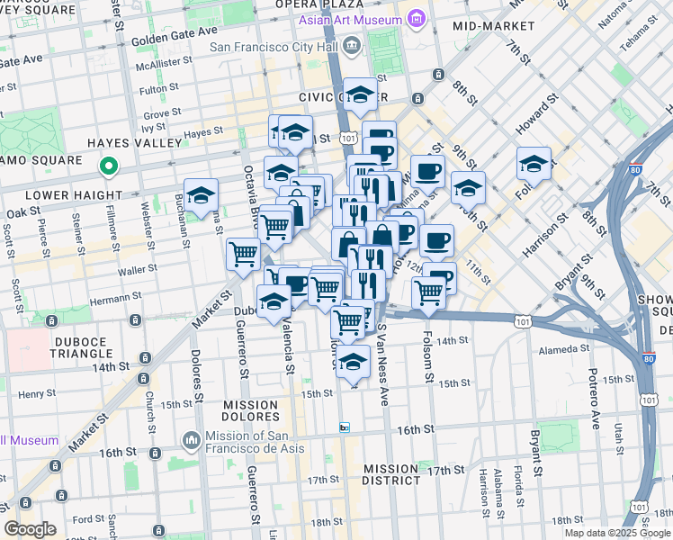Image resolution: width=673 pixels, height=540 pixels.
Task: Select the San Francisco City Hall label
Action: click(274, 46)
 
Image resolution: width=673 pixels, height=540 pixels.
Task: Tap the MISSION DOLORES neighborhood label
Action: click(251, 411)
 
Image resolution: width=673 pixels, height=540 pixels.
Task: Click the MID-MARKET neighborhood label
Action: click(488, 26)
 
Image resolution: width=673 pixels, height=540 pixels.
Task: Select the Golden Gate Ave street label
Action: click(175, 40)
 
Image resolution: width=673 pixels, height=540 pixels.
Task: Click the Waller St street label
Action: click(132, 269)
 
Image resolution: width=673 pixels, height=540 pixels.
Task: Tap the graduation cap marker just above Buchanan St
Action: click(202, 194)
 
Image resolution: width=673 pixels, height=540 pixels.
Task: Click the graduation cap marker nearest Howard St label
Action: click(534, 164)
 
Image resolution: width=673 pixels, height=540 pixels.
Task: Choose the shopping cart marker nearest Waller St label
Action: click(244, 255)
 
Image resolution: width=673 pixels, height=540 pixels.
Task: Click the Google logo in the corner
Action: click(30, 529)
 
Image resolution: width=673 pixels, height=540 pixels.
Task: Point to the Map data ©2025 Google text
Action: click(616, 533)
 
